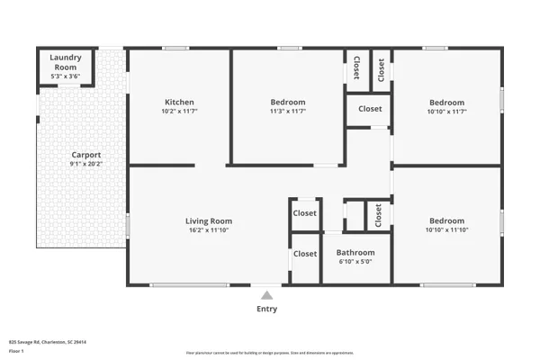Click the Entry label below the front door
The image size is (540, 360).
266,309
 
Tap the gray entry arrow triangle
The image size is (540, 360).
266,294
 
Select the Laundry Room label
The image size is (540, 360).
65,62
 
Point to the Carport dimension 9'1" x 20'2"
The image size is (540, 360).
86,164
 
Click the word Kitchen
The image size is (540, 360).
179,102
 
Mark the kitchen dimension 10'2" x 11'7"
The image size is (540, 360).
179,111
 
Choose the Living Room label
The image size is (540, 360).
209,220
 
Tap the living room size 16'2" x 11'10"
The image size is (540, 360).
209,230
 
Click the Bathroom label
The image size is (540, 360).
355,253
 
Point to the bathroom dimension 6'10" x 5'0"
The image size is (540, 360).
355,263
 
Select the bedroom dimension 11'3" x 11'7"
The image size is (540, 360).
288,111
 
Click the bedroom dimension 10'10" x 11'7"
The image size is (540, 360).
446,111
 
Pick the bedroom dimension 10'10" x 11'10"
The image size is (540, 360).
446,230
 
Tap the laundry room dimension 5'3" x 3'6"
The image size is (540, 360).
65,76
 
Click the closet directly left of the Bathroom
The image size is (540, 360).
305,254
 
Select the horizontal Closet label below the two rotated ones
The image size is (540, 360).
370,109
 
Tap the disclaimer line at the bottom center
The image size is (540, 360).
269,353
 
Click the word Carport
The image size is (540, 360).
86,154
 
